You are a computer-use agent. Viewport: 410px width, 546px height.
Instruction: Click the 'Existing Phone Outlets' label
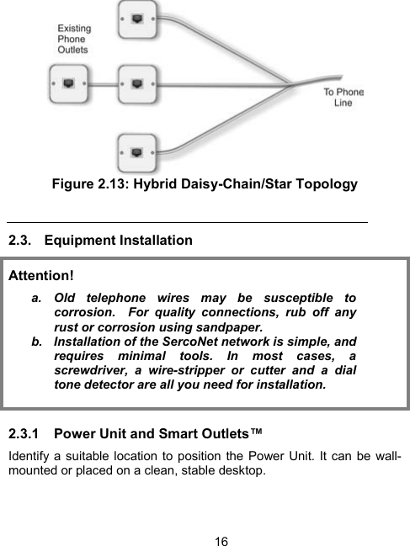(x=74, y=39)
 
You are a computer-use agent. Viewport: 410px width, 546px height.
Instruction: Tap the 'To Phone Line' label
(x=344, y=97)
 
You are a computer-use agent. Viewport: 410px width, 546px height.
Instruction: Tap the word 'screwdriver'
(x=91, y=371)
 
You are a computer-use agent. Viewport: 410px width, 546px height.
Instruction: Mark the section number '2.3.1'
(x=25, y=434)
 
